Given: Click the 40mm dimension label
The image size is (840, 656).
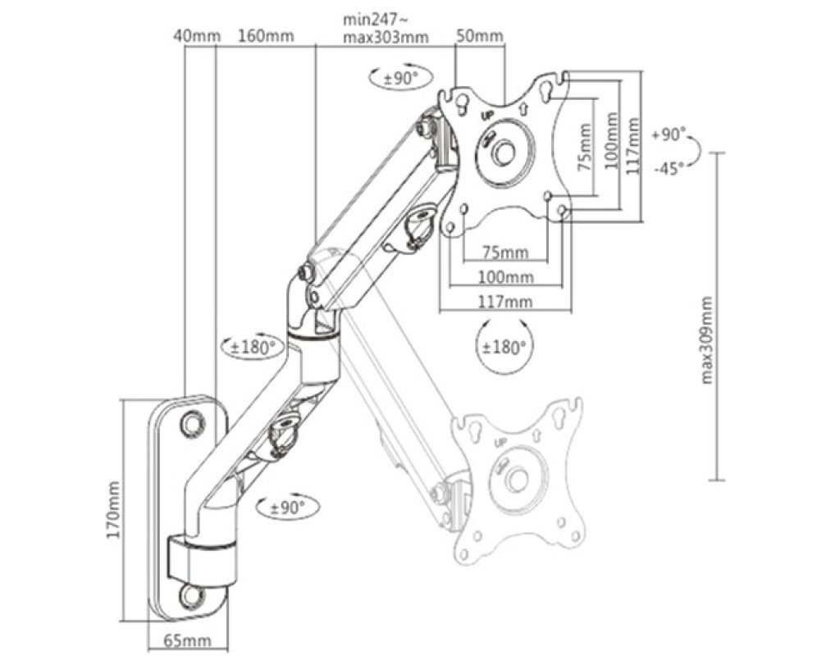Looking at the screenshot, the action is pyautogui.click(x=197, y=36).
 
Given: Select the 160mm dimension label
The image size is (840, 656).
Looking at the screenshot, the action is pyautogui.click(x=267, y=36).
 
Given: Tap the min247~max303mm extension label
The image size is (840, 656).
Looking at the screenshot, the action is pyautogui.click(x=386, y=29).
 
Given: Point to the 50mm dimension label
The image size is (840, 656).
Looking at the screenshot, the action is pyautogui.click(x=479, y=36).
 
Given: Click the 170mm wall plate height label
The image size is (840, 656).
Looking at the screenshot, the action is pyautogui.click(x=113, y=509).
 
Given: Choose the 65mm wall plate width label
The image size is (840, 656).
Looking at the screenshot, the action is pyautogui.click(x=188, y=640).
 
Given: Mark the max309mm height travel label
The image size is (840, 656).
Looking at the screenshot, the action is pyautogui.click(x=706, y=340).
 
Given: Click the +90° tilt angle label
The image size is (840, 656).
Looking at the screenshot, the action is pyautogui.click(x=669, y=134).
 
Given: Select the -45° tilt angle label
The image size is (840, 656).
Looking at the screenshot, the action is pyautogui.click(x=669, y=169).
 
